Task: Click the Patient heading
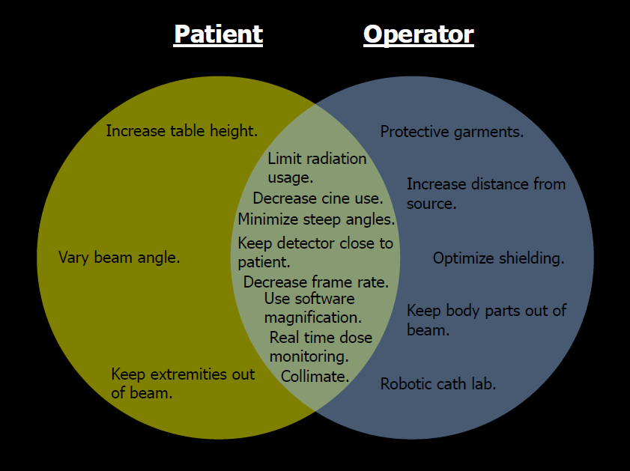[x=218, y=34]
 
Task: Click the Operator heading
[x=418, y=34]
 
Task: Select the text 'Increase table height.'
[x=181, y=131]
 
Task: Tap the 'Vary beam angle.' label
[x=119, y=258]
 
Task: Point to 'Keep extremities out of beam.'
[x=183, y=383]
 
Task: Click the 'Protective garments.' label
[x=452, y=132]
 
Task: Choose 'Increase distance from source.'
[x=485, y=193]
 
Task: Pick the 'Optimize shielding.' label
[x=498, y=258]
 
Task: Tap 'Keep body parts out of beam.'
[x=486, y=320]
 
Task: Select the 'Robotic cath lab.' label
[x=438, y=384]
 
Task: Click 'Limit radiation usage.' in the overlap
[x=317, y=168]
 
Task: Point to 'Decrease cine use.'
[x=318, y=198]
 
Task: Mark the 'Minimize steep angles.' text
[x=316, y=219]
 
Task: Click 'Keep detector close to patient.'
[x=315, y=252]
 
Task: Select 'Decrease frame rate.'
[x=315, y=282]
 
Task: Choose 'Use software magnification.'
[x=312, y=308]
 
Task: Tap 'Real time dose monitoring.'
[x=320, y=347]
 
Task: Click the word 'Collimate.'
[x=315, y=376]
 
